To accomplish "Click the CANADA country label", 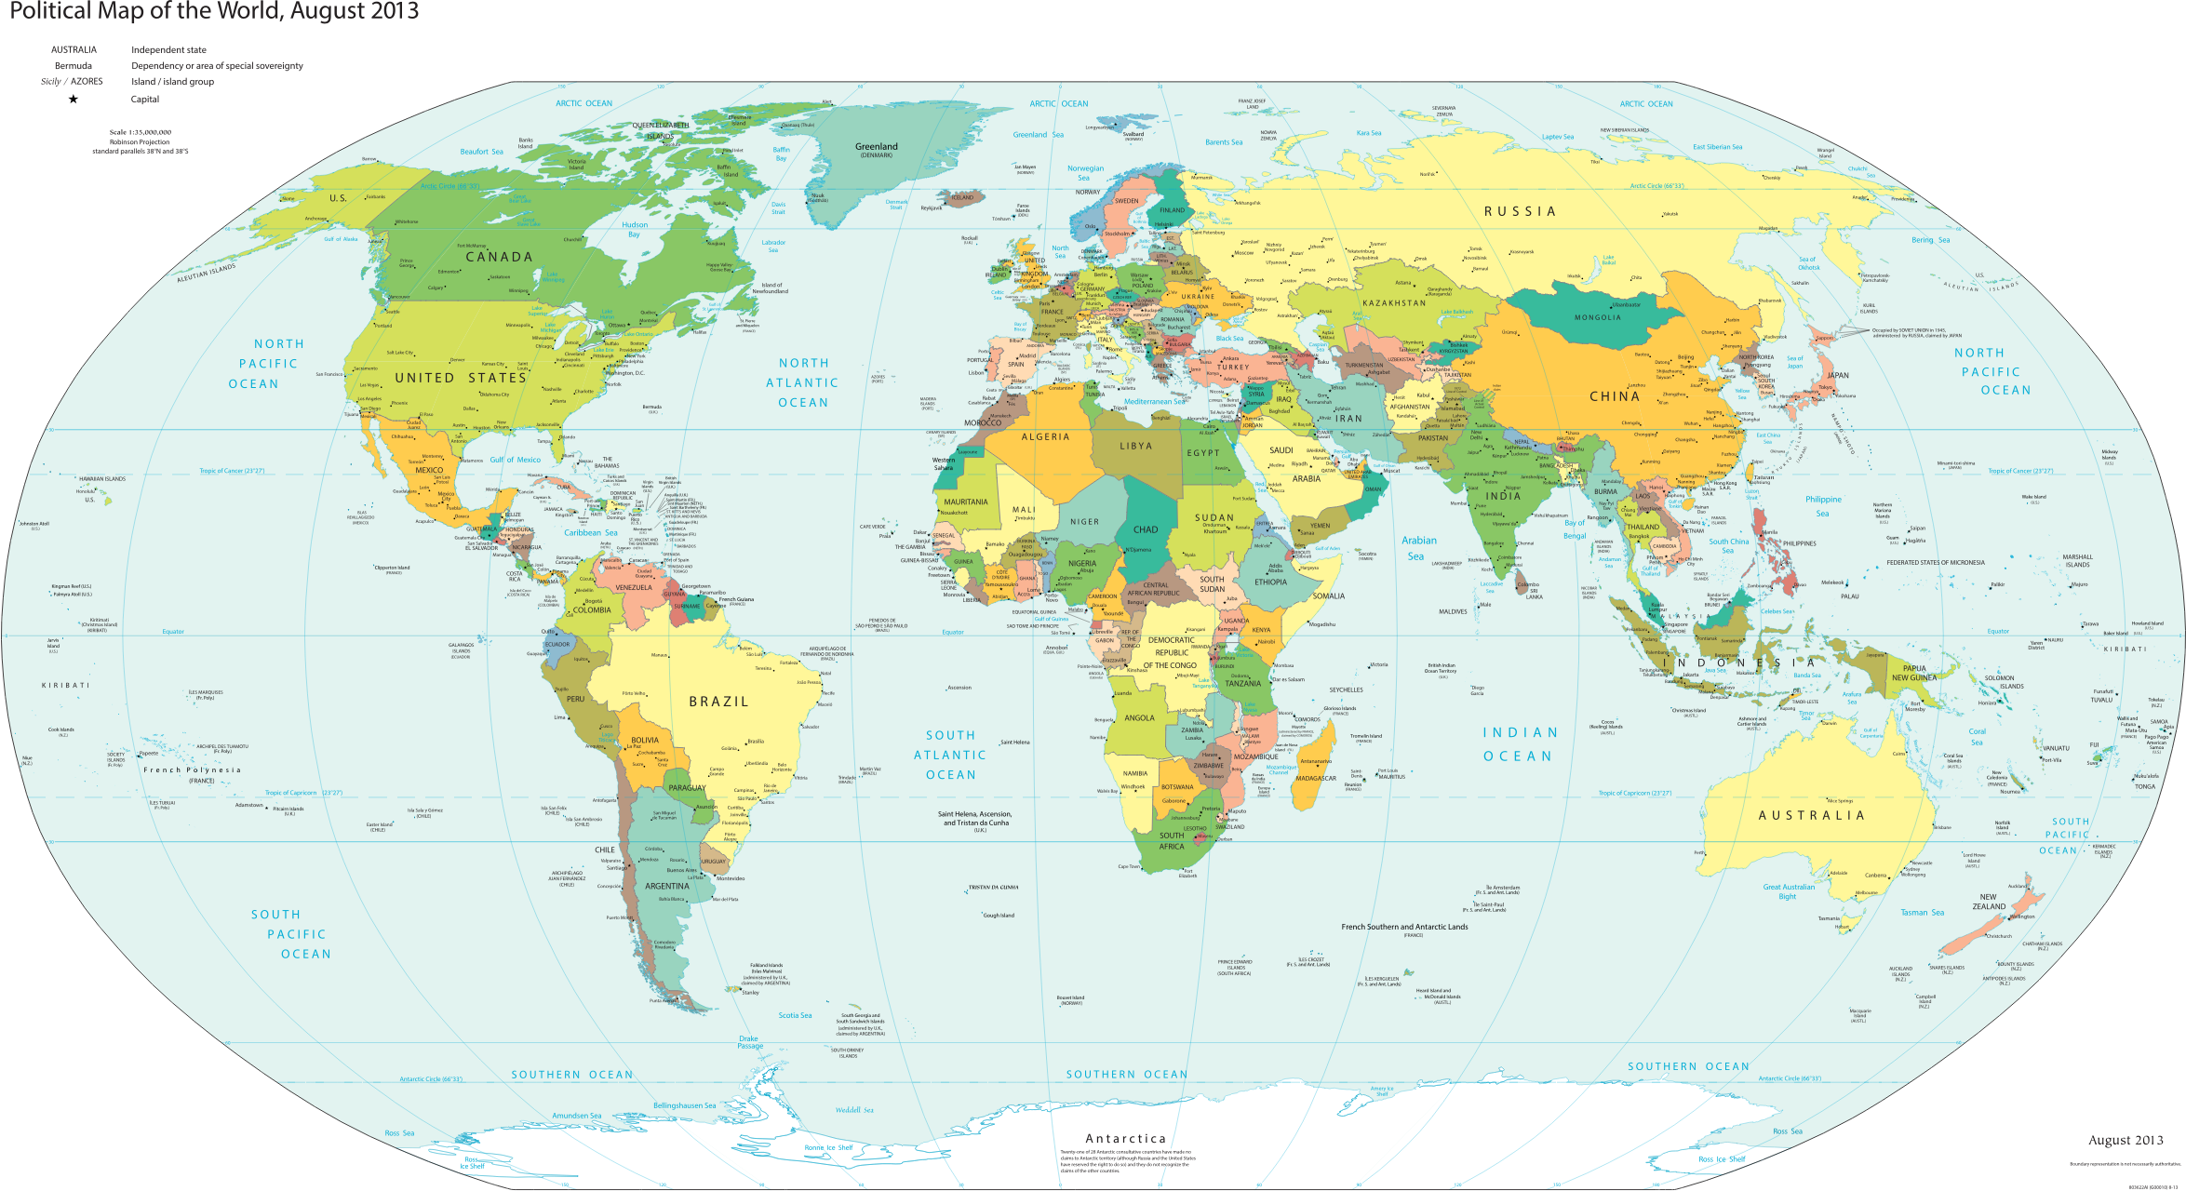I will (499, 257).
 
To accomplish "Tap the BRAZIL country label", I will (718, 702).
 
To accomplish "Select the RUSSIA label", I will (1520, 212).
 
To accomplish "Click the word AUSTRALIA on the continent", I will (1811, 816).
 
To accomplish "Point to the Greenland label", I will (876, 147).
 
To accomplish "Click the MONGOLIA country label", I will (1597, 318).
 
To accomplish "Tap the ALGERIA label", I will (1045, 437).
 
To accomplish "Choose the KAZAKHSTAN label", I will (1393, 303).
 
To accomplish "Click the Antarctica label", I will (1125, 1139).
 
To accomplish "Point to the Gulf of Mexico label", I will (515, 460).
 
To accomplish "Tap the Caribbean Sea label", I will (590, 533).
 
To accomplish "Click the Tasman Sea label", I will (1922, 913).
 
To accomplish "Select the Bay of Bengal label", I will (1575, 529).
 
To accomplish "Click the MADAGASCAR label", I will (1316, 779).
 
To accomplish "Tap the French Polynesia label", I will (192, 770).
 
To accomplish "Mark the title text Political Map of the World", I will (214, 12).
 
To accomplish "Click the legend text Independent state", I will (168, 50).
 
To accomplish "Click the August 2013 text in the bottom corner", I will (2126, 1141).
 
